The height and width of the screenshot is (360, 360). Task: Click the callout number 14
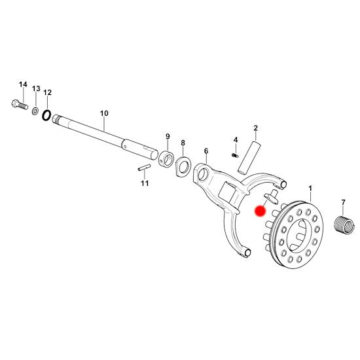(x=23, y=84)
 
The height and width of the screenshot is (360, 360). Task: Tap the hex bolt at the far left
(x=20, y=105)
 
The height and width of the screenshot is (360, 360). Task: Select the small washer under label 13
(x=35, y=111)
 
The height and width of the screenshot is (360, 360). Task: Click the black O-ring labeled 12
(x=46, y=115)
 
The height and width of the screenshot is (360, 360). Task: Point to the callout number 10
(x=104, y=113)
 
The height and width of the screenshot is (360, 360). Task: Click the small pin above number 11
(x=144, y=168)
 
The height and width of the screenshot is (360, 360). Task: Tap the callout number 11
(x=145, y=183)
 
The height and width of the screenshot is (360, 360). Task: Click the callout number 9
(x=168, y=136)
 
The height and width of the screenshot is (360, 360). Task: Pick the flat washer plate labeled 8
(x=183, y=166)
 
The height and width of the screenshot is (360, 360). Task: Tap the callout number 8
(x=183, y=143)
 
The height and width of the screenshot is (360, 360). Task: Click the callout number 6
(x=206, y=151)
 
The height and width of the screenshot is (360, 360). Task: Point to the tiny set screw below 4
(x=234, y=156)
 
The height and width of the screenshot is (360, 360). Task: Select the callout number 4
(x=236, y=139)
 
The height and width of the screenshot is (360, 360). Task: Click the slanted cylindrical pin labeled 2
(x=249, y=157)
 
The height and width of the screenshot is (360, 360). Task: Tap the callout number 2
(x=255, y=128)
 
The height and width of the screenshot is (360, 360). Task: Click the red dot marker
(x=260, y=211)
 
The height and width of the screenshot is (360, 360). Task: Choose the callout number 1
(x=310, y=189)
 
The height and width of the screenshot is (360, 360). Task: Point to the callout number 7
(x=343, y=202)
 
